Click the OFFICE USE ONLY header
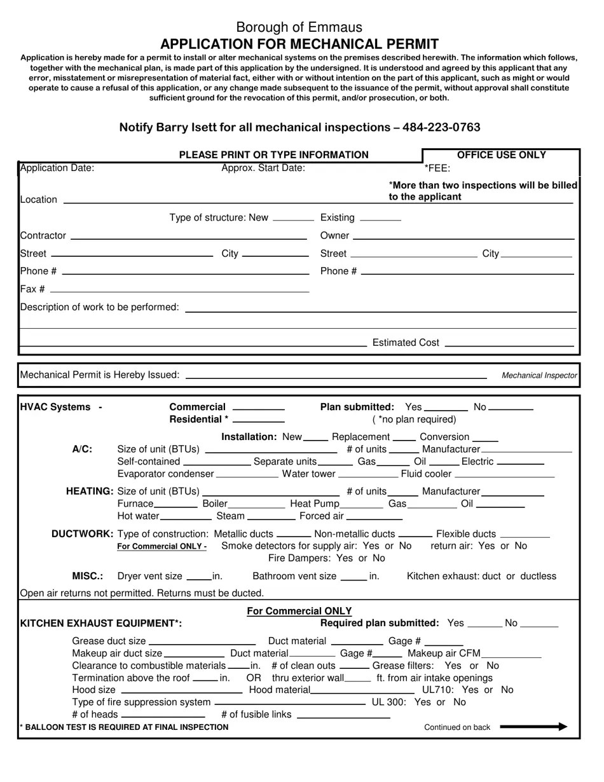[501, 154]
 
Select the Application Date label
[57, 168]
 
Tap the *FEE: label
[437, 168]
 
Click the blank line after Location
[223, 202]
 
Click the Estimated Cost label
[405, 343]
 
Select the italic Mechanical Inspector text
[539, 376]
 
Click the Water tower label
[308, 474]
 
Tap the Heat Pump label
[315, 504]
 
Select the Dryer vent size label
[149, 576]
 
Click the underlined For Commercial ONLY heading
[299, 611]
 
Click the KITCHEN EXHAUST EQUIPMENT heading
[101, 624]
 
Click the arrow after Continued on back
[533, 727]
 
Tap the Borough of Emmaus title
[299, 27]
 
